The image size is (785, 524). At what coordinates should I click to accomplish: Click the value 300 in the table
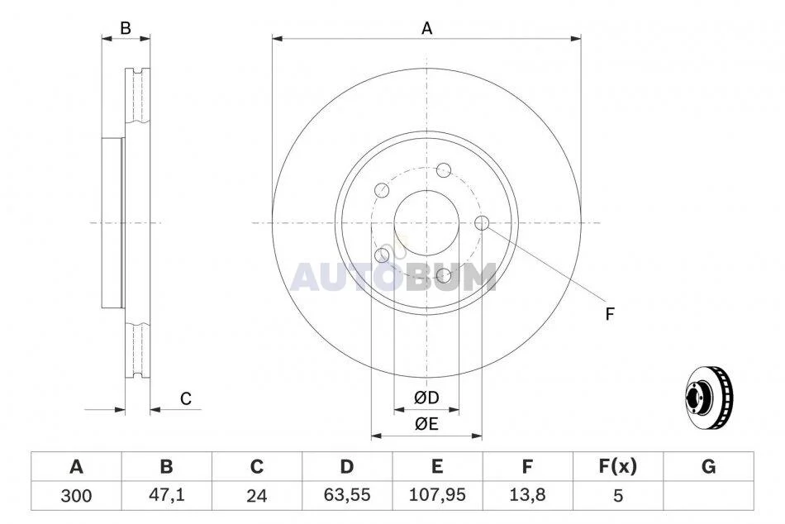click(x=76, y=496)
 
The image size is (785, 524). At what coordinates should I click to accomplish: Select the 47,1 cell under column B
click(x=167, y=495)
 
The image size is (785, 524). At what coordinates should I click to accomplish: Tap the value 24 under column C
click(x=257, y=496)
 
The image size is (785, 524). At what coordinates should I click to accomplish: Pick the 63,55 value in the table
click(x=347, y=495)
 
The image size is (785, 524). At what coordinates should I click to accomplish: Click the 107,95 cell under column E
click(x=437, y=495)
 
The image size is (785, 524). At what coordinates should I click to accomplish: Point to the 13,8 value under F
click(x=527, y=495)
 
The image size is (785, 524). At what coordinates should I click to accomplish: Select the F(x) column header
click(x=618, y=466)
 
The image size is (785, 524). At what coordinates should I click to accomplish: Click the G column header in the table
click(x=708, y=466)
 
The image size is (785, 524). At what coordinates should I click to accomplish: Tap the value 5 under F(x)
click(x=618, y=496)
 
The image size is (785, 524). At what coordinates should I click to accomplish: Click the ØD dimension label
click(x=426, y=398)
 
